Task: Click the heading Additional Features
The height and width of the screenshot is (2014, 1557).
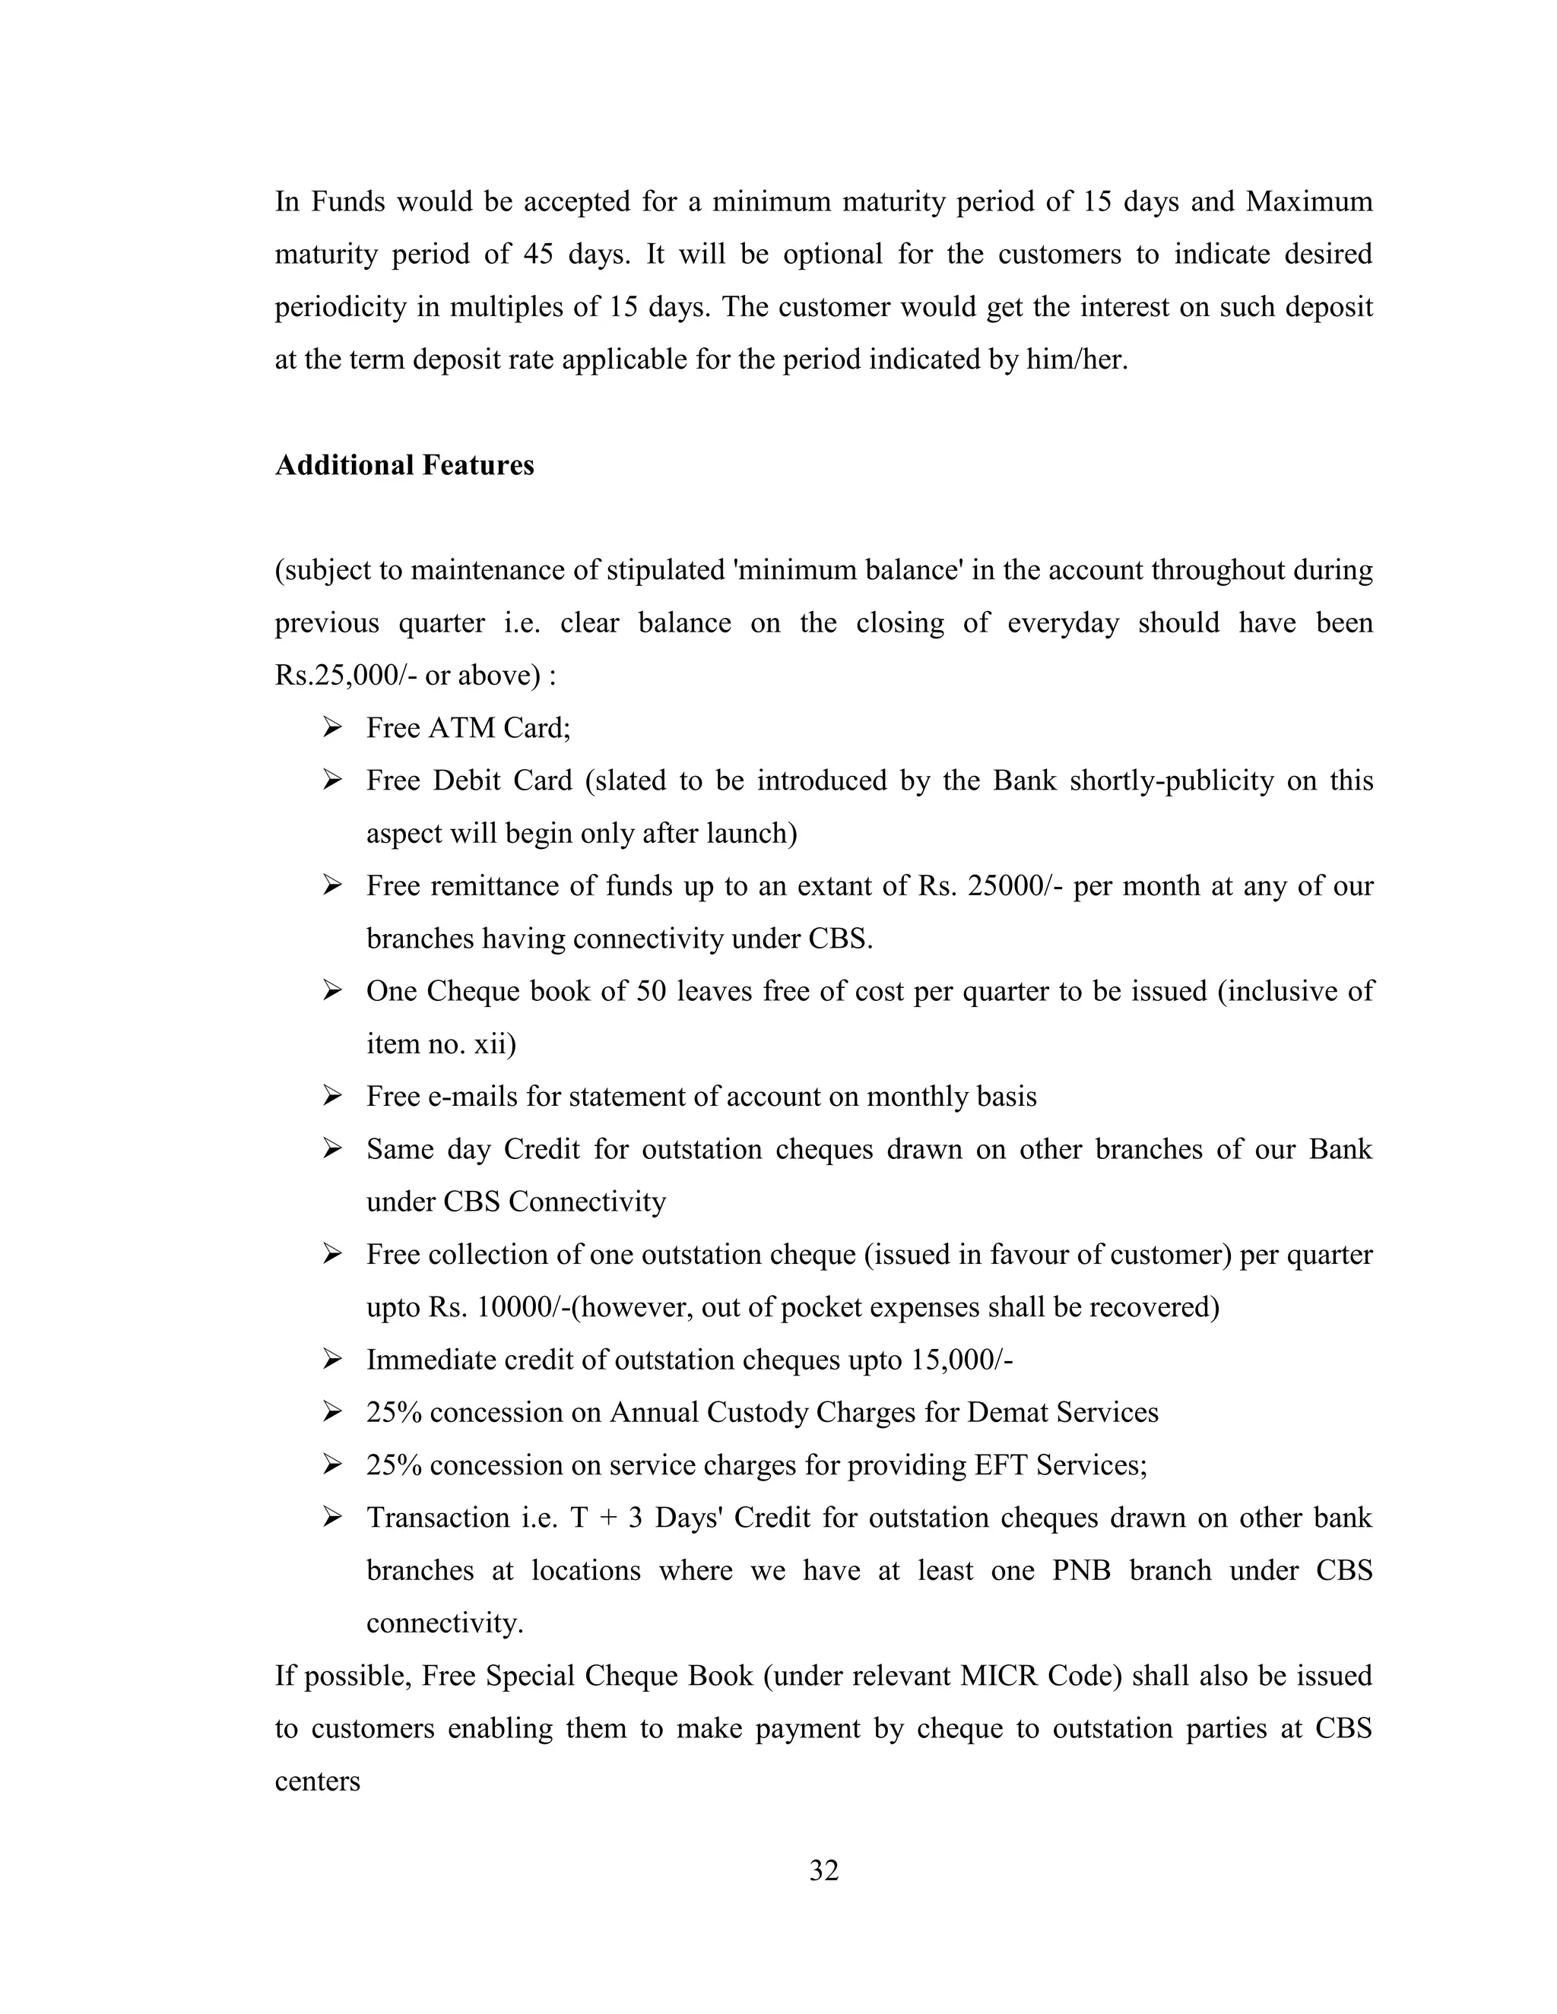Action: (x=404, y=465)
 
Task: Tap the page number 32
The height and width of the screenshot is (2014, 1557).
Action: (x=823, y=1870)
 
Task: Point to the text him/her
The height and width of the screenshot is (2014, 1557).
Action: (x=1077, y=359)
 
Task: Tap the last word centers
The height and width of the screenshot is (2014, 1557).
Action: (x=317, y=1781)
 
